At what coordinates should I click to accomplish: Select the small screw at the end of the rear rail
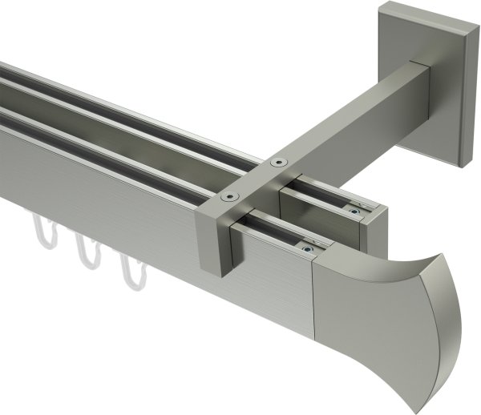tap(354, 212)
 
